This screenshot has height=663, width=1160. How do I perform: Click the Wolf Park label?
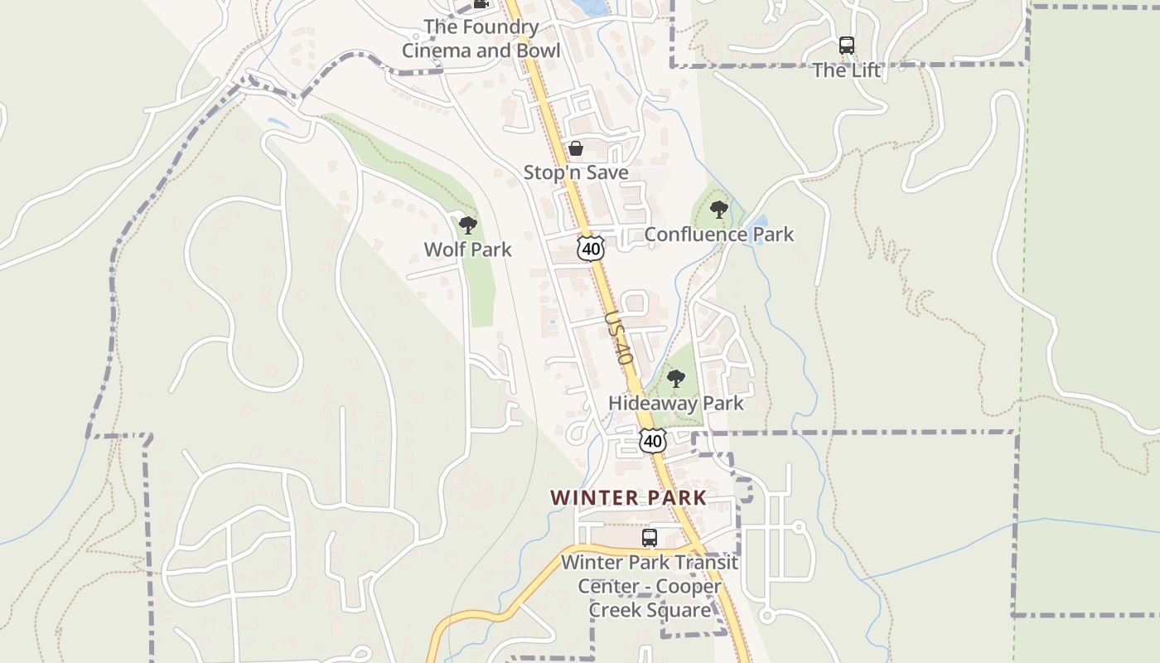467,249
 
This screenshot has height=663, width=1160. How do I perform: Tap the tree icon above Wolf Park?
468,225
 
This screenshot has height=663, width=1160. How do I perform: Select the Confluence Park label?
718,235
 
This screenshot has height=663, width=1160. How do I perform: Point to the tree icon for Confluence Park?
719,210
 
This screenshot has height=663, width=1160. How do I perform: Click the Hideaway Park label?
676,404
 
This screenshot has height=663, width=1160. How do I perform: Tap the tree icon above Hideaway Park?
676,380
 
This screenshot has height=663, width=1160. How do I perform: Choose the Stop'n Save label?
576,172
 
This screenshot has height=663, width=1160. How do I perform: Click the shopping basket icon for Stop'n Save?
576,149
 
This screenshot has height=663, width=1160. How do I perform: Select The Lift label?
846,70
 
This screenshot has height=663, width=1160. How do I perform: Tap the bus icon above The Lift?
846,46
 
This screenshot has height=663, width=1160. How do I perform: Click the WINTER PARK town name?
628,498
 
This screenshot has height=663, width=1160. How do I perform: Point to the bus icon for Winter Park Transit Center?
650,538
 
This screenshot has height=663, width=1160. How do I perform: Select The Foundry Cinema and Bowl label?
481,38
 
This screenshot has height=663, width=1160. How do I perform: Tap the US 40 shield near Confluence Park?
590,248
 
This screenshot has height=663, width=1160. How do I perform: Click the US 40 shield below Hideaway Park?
653,441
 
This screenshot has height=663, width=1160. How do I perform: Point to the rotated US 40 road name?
619,338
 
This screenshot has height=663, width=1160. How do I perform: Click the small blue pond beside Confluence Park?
758,224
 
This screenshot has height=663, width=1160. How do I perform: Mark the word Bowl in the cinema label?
538,51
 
